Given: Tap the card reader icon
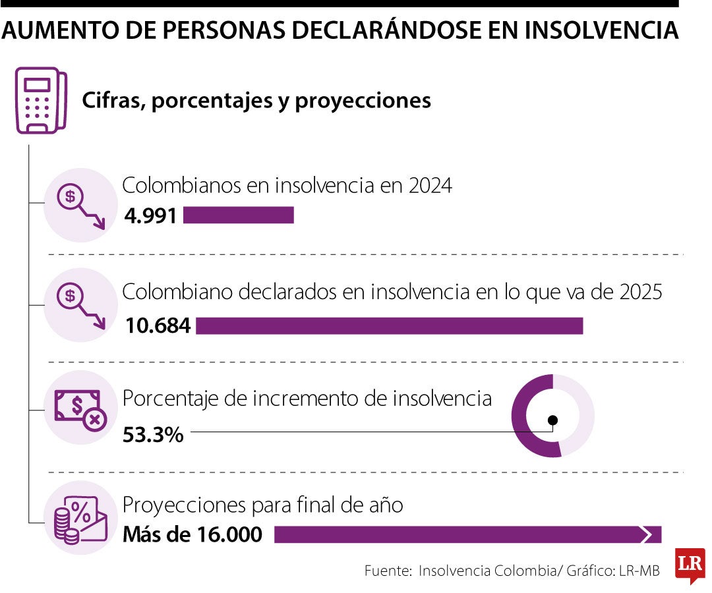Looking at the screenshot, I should (41, 101).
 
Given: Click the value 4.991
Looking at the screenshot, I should (150, 215).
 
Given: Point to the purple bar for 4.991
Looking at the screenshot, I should (238, 215).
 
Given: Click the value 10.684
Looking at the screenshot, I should (157, 325).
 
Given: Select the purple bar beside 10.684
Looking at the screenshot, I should (389, 325).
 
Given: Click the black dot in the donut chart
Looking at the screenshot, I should (552, 420).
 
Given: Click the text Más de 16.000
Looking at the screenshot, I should (193, 534).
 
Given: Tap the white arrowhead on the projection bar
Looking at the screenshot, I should (650, 534).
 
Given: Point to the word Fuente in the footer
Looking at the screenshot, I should (388, 571).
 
